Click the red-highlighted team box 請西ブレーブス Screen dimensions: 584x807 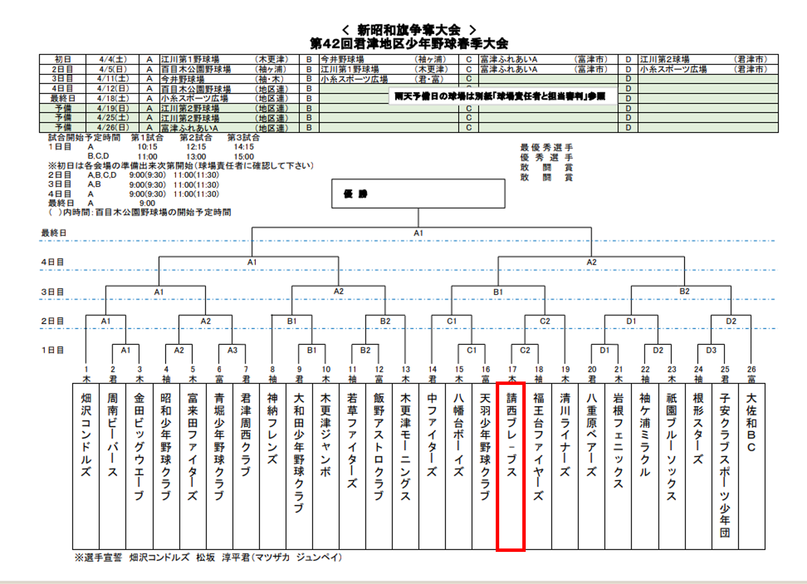[x=511, y=467]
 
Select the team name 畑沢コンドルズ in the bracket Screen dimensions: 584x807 [x=86, y=434]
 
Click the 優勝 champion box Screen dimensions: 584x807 [x=418, y=194]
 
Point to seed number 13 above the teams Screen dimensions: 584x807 [x=406, y=369]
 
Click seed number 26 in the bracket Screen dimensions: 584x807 [x=751, y=369]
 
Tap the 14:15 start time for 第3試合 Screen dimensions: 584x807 [x=244, y=147]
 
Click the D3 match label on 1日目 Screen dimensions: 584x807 [x=711, y=350]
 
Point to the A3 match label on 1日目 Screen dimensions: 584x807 [x=232, y=350]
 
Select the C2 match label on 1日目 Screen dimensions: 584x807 [x=525, y=350]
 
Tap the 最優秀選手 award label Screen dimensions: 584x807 [x=546, y=147]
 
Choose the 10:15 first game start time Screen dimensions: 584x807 [x=147, y=147]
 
